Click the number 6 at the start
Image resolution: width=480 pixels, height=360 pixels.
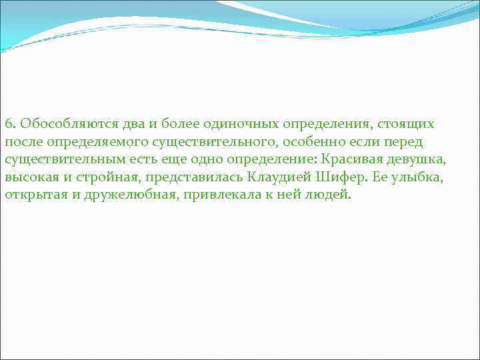pyautogui.click(x=8, y=124)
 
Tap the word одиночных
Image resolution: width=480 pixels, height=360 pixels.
pyautogui.click(x=238, y=125)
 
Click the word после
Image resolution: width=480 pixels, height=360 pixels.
pyautogui.click(x=21, y=142)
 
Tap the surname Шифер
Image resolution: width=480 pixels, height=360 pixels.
pyautogui.click(x=333, y=178)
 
